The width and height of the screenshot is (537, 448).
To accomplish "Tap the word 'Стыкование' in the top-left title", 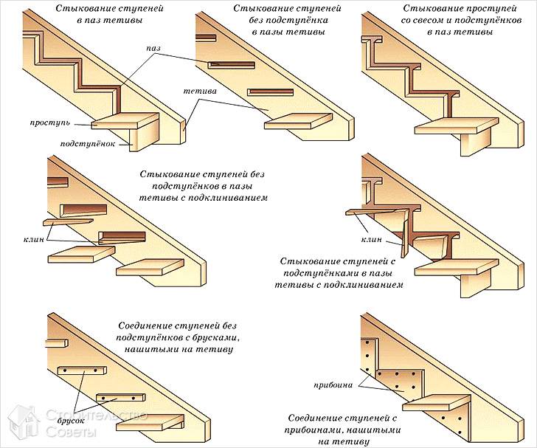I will click(x=78, y=9).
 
